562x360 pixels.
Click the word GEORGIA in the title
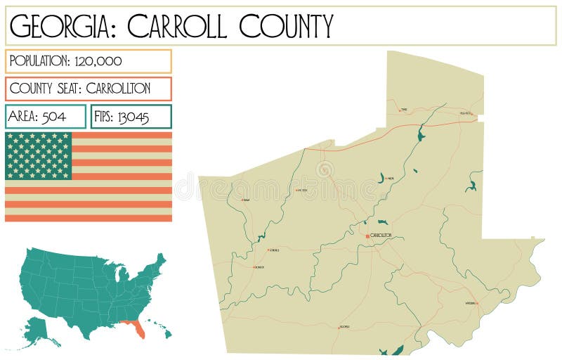coord(60,26)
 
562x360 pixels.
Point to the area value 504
coord(54,117)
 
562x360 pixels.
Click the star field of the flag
coord(39,155)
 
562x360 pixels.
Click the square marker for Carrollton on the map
coord(367,236)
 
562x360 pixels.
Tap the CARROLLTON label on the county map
coord(380,235)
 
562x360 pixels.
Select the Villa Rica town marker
coord(472,113)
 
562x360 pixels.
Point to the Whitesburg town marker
coord(476,303)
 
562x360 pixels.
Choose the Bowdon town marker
coord(254,267)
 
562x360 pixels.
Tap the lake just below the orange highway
coord(421,135)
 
